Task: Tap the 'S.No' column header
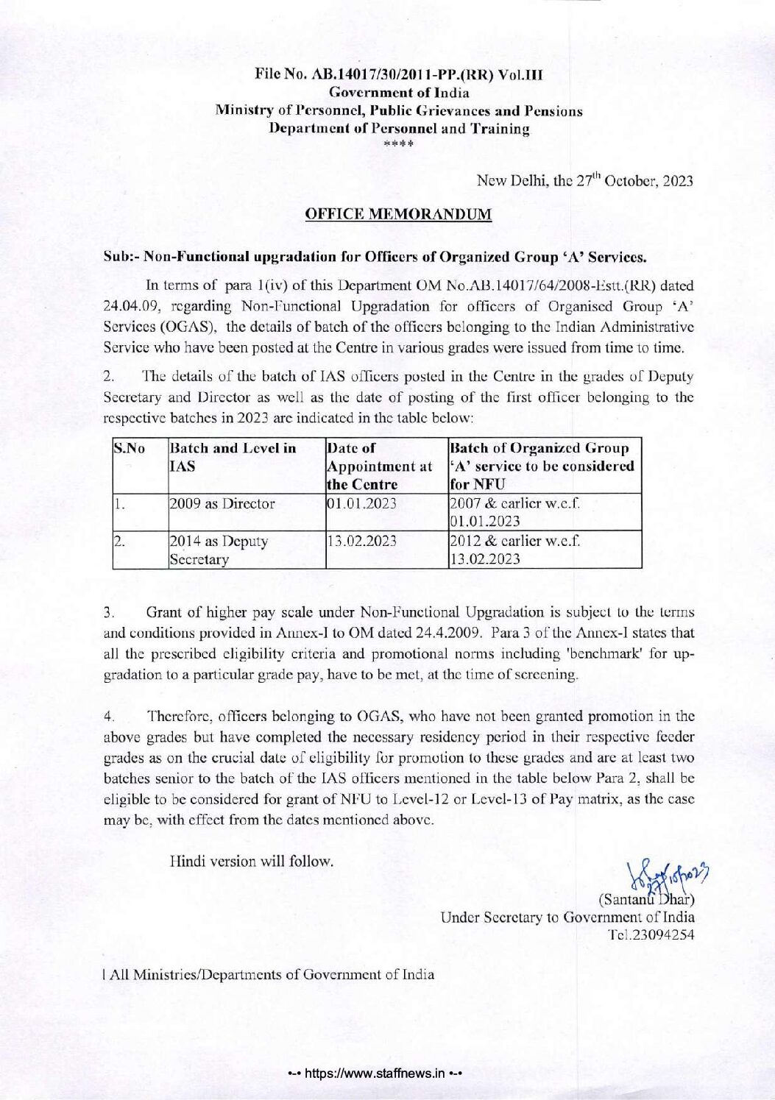coord(128,448)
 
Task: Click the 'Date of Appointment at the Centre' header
coord(372,465)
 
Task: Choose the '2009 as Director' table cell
coord(222,504)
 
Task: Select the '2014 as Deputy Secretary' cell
coord(218,550)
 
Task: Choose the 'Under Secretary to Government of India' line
coord(567,918)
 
